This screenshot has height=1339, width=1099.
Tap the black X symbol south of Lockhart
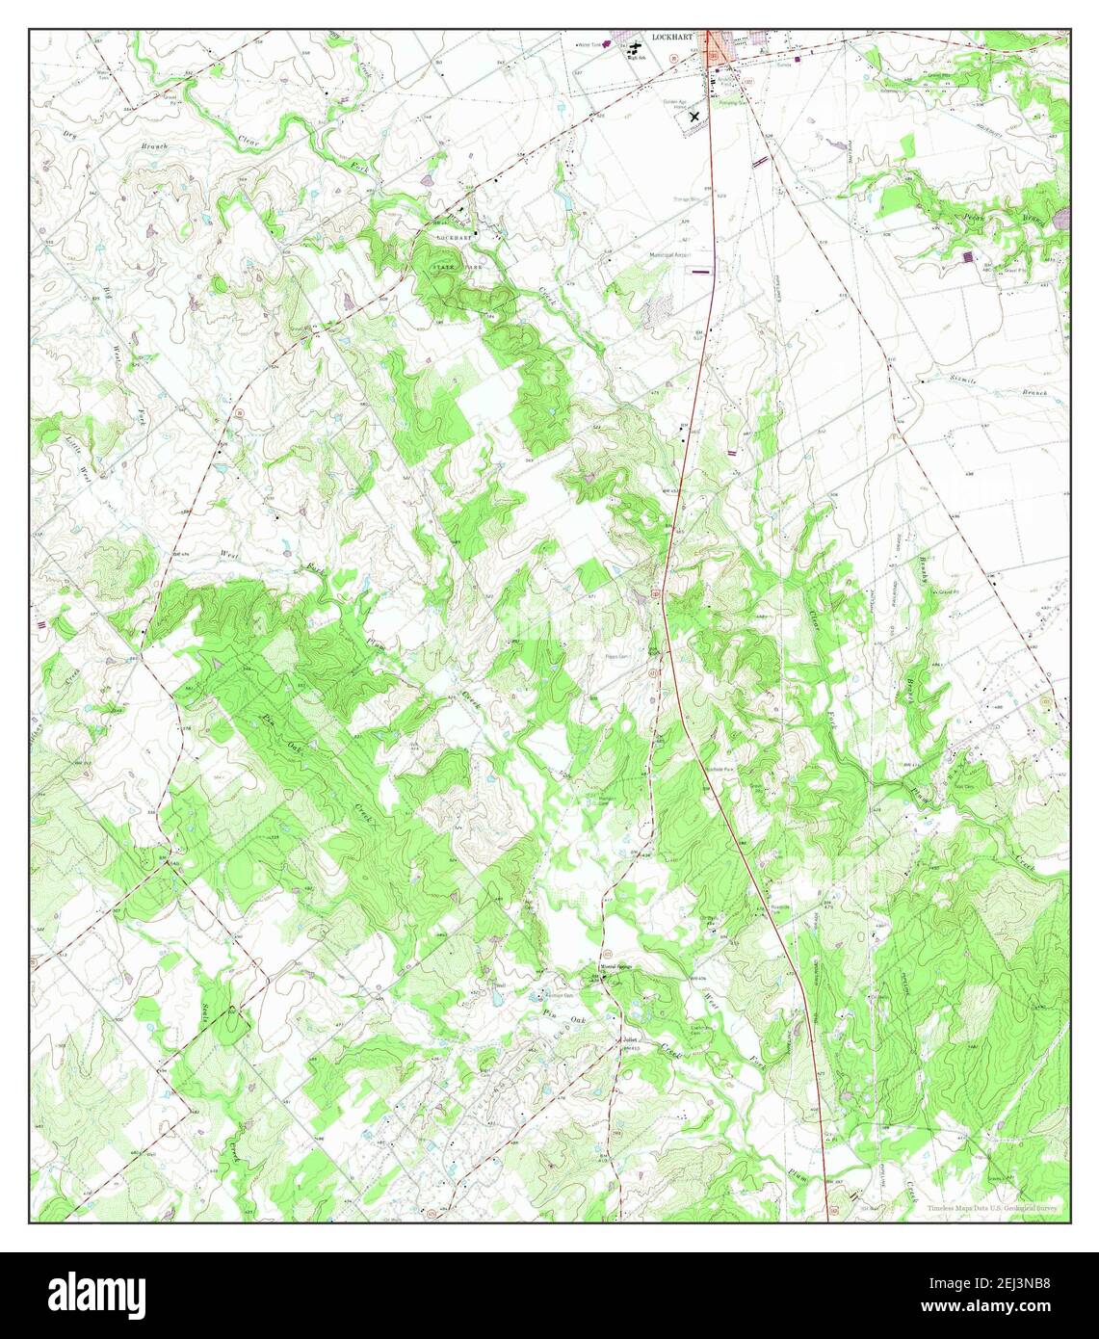click(694, 117)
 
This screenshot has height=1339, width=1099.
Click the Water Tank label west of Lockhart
click(589, 44)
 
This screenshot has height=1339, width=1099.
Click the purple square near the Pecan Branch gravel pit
click(968, 256)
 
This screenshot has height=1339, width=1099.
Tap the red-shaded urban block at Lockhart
click(718, 48)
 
